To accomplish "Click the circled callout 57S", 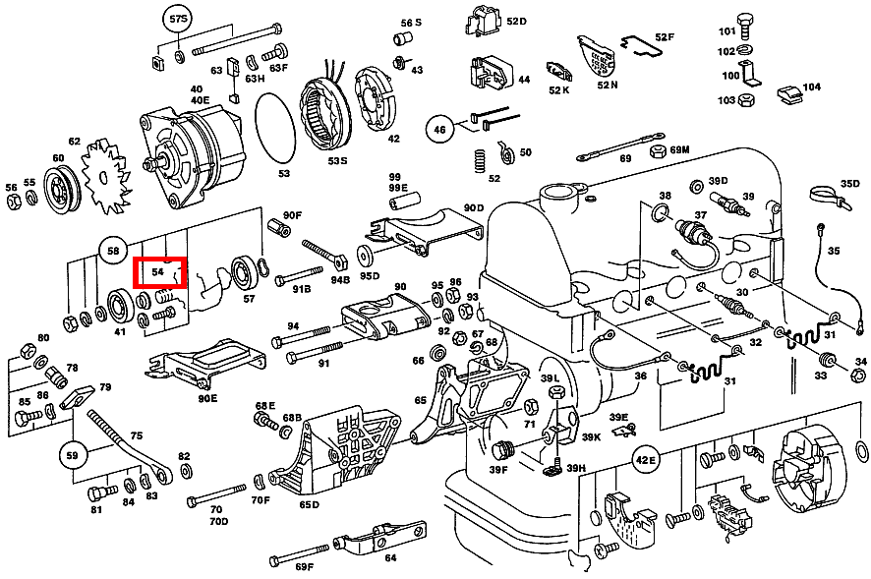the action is pyautogui.click(x=178, y=20).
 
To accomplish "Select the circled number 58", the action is pyautogui.click(x=113, y=251).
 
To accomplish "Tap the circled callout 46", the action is pyautogui.click(x=439, y=130).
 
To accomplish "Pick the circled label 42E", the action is pyautogui.click(x=645, y=460).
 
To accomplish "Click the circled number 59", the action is pyautogui.click(x=72, y=456).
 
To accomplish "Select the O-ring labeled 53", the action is pyautogui.click(x=275, y=128).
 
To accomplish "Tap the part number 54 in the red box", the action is pyautogui.click(x=157, y=271).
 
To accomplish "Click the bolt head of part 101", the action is pyautogui.click(x=743, y=21).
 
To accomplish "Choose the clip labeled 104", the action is pyautogui.click(x=789, y=95).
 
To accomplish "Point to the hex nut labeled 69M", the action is pyautogui.click(x=659, y=150).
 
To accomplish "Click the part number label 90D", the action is pyautogui.click(x=473, y=207).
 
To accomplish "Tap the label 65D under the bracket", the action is pyautogui.click(x=309, y=504).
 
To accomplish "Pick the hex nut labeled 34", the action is pyautogui.click(x=858, y=376).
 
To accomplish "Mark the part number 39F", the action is pyautogui.click(x=498, y=470).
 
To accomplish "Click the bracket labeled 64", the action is pyautogui.click(x=379, y=538).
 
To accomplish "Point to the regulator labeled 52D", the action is pyautogui.click(x=483, y=23).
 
